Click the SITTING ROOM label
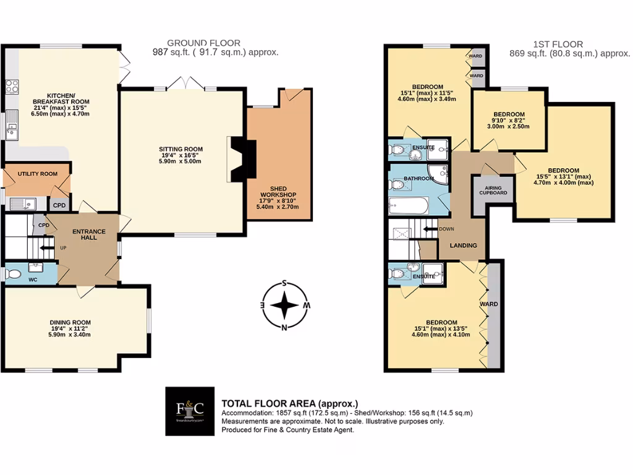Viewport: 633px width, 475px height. (x=181, y=149)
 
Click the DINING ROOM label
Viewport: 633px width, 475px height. (x=70, y=322)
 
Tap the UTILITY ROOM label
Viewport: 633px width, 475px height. (x=38, y=174)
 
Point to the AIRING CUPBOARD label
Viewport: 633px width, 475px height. (x=493, y=190)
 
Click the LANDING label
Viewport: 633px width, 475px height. (x=464, y=246)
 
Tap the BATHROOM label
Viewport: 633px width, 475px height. (x=418, y=179)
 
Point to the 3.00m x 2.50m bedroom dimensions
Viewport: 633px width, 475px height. (x=509, y=126)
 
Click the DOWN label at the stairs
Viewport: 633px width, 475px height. (x=446, y=229)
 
